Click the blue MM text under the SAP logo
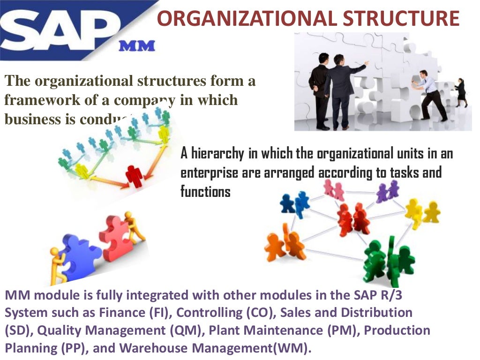point(136,46)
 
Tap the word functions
point(205,191)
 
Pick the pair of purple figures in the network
point(388,190)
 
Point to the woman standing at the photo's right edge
point(460,92)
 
